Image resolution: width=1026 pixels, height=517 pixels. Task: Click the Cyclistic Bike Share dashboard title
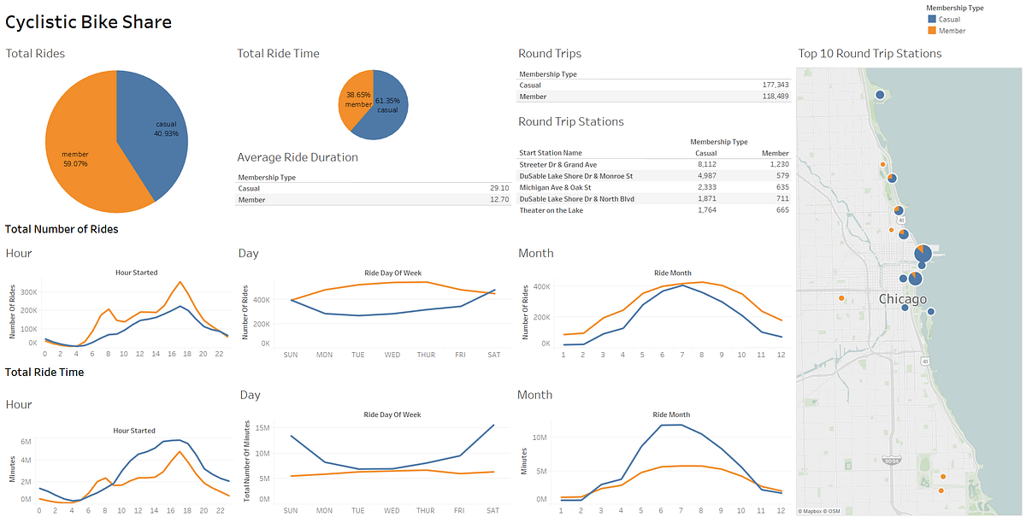tap(89, 22)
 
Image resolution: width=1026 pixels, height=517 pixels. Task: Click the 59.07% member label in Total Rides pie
tap(74, 159)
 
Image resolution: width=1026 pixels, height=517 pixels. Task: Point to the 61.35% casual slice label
tap(386, 105)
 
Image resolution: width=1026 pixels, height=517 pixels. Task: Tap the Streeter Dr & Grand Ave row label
tap(557, 164)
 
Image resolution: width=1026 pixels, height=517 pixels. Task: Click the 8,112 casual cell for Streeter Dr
tap(706, 164)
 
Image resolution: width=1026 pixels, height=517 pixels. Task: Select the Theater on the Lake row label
tap(551, 210)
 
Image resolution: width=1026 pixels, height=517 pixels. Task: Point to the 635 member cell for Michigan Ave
tap(778, 187)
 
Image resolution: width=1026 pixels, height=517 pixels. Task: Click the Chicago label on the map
tap(902, 299)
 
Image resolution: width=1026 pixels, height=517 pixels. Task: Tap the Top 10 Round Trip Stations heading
tap(870, 54)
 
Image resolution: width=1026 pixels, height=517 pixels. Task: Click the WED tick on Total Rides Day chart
tap(392, 354)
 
